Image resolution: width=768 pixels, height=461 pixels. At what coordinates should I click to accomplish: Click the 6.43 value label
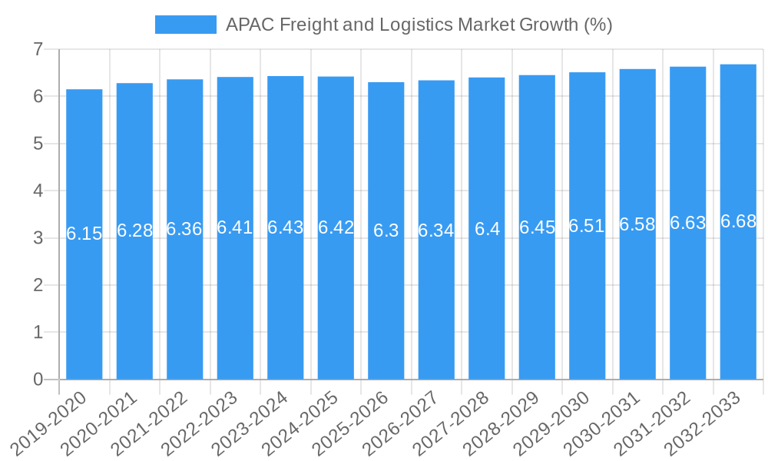tap(286, 227)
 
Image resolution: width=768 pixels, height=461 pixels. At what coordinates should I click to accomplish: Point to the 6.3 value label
tap(386, 230)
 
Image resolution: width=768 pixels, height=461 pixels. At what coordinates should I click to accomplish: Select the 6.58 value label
tap(637, 224)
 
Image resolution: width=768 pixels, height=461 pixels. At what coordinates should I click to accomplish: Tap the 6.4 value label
tap(487, 229)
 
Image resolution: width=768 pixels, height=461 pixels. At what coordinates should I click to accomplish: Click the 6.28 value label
tap(135, 230)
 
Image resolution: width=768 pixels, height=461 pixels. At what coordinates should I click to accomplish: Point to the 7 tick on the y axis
tap(38, 50)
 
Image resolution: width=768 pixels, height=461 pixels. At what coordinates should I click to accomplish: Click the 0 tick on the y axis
tap(38, 380)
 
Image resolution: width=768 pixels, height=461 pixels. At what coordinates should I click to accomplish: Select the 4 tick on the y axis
tap(38, 191)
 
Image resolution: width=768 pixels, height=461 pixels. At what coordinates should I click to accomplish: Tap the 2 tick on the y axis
tap(38, 285)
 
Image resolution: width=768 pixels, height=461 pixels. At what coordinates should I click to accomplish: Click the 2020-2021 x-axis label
tap(100, 423)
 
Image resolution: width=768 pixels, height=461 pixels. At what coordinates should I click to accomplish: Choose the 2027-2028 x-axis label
tap(452, 423)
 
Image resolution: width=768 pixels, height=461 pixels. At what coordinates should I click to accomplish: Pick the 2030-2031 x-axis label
tap(603, 423)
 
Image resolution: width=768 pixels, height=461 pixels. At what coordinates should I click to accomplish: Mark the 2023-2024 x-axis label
tap(250, 423)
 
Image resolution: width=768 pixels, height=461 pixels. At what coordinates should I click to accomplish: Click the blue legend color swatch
tap(185, 25)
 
